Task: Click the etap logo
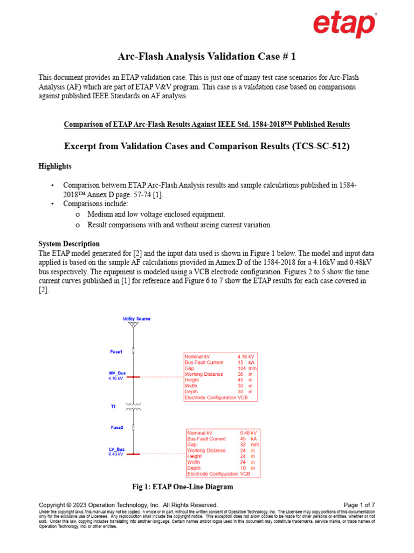344,26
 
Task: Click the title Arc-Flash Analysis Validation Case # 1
207,56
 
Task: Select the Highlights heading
54,166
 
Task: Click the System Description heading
69,244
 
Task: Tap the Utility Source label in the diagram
136,319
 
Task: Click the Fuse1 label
116,352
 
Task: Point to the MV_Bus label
117,373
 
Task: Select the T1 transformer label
114,406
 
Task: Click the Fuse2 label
117,427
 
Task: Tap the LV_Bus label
117,449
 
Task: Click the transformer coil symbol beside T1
133,406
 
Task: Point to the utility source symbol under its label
133,326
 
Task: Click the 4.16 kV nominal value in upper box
246,357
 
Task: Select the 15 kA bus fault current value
246,362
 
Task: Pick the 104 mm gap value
246,368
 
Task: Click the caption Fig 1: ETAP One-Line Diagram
183,487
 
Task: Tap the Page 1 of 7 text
358,505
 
